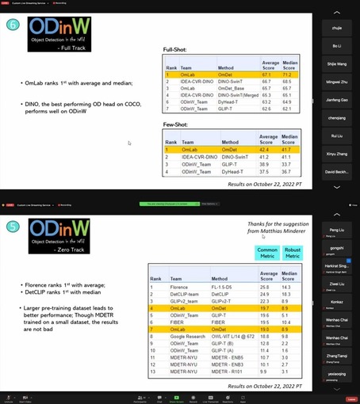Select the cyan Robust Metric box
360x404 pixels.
click(293, 253)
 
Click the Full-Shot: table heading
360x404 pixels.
click(175, 49)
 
